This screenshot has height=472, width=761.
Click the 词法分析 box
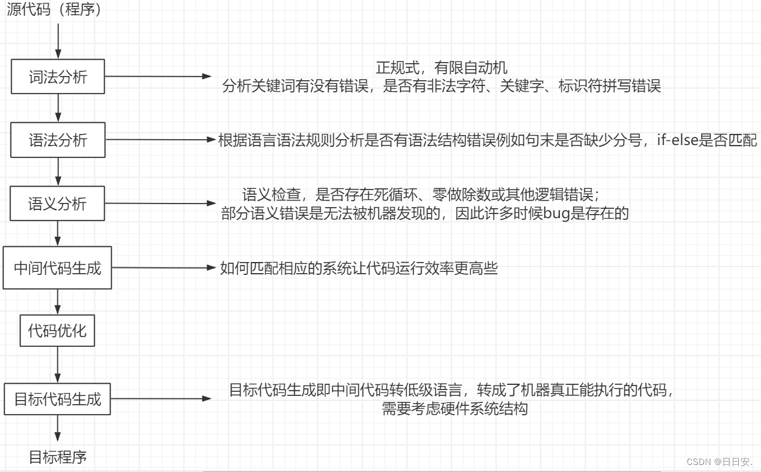click(x=58, y=77)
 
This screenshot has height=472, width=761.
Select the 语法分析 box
click(x=58, y=140)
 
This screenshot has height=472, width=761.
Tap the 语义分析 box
click(x=58, y=204)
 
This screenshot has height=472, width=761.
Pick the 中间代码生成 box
click(x=57, y=268)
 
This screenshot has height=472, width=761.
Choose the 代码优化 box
click(x=57, y=331)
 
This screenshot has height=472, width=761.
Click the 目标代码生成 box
click(x=57, y=399)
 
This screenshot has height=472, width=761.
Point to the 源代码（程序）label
click(x=54, y=10)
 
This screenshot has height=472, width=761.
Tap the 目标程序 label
click(x=58, y=457)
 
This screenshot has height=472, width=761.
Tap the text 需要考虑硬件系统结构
click(x=454, y=408)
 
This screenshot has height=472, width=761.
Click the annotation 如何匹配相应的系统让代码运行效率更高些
click(x=359, y=268)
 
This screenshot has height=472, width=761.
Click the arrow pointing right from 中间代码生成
click(x=164, y=268)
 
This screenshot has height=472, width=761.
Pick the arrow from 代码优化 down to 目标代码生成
click(x=58, y=365)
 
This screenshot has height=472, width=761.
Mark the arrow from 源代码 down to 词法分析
click(x=58, y=39)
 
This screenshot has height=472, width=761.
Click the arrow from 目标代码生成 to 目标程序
click(x=58, y=428)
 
